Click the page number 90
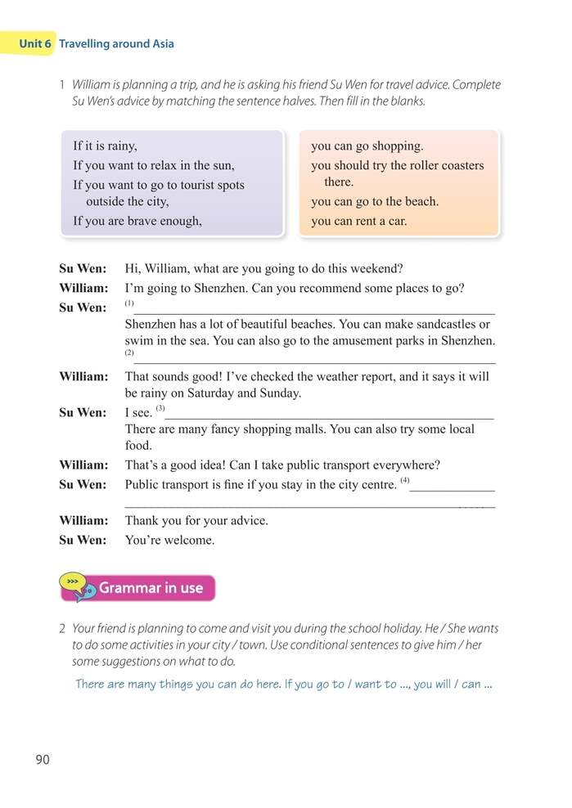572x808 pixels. pos(43,760)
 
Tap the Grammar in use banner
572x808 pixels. pos(151,588)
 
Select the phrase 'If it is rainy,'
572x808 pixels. pos(105,146)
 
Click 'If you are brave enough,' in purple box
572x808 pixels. pos(137,221)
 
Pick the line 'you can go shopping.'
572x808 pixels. pos(367,146)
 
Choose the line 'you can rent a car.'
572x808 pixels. pos(358,221)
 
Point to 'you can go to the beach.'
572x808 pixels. pos(375,201)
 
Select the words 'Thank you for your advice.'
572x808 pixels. pos(196,521)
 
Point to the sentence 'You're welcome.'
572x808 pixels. pos(169,541)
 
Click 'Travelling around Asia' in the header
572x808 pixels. pos(116,43)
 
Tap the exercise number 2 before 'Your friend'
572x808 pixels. pos(62,629)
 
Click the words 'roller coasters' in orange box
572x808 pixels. pos(445,165)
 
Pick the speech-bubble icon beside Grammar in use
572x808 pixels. pos(79,587)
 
